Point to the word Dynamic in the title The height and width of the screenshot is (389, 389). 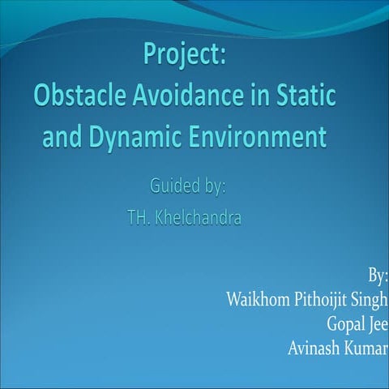(x=138, y=136)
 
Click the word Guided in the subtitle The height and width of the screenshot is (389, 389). (x=173, y=186)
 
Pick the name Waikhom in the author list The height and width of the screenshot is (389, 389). (x=259, y=298)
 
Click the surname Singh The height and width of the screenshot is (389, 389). (x=371, y=299)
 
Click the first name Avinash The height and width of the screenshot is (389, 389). (x=315, y=348)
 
